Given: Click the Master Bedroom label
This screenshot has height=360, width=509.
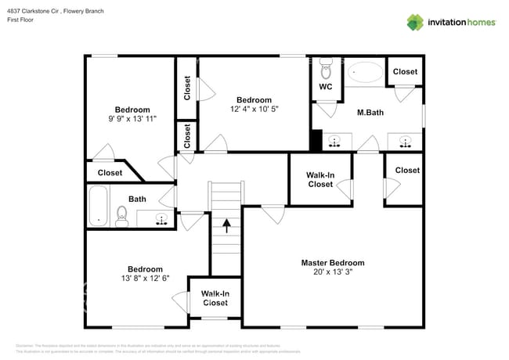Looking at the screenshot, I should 333,263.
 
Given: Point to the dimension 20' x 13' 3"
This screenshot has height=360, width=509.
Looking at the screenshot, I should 333,273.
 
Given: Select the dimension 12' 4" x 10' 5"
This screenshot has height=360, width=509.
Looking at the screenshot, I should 254,110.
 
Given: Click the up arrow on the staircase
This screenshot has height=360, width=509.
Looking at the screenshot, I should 227,226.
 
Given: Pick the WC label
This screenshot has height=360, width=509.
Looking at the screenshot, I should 326,87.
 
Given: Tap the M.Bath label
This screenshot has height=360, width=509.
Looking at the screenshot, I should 370,113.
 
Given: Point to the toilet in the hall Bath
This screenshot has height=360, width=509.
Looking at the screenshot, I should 122,214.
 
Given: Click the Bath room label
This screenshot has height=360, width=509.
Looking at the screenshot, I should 137,199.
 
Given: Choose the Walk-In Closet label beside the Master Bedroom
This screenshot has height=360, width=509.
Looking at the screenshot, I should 319,179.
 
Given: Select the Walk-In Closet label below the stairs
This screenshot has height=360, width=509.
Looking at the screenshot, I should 215,298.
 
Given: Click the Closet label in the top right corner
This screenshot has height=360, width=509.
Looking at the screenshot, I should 405,72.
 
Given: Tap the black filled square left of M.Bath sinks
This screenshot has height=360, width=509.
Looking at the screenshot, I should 316,141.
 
